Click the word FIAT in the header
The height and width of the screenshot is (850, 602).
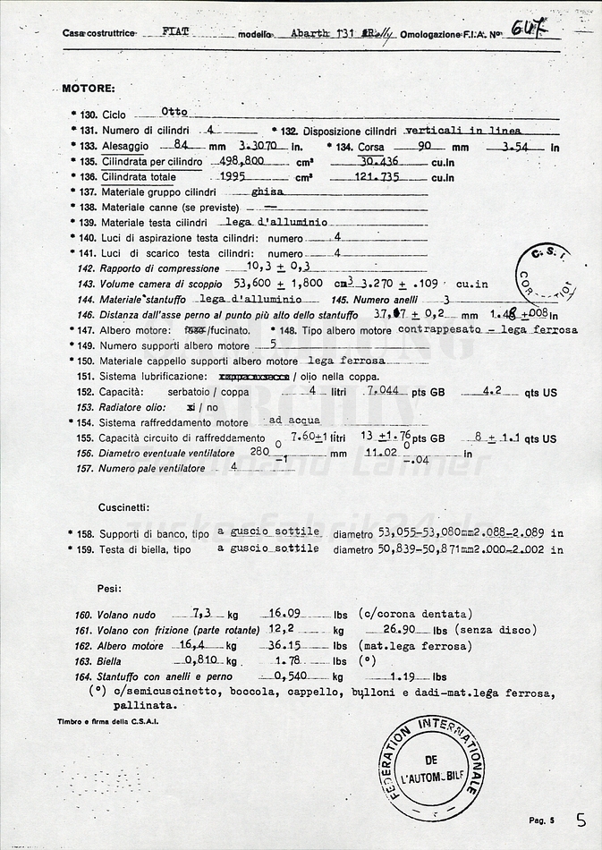[176, 31]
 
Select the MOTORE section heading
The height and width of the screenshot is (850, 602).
[88, 89]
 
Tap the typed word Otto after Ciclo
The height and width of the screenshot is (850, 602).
[174, 112]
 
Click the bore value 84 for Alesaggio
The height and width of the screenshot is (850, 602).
[182, 145]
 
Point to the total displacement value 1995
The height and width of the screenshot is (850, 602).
[233, 177]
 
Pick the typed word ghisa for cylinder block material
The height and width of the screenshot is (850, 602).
[267, 191]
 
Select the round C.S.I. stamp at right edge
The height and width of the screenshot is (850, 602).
[547, 276]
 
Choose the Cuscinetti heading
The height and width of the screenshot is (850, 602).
[123, 507]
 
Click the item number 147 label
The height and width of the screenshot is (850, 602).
[86, 330]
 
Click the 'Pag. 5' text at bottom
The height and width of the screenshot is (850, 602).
[542, 820]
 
